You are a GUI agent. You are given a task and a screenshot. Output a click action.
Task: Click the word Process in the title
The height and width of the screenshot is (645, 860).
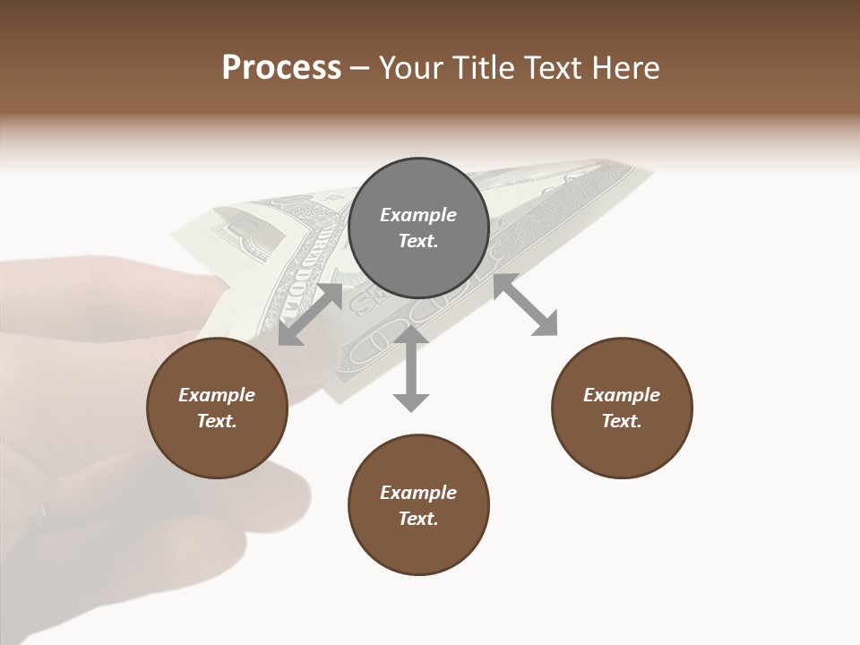pyautogui.click(x=281, y=68)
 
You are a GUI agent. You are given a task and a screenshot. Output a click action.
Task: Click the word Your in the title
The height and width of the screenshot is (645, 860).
pyautogui.click(x=408, y=68)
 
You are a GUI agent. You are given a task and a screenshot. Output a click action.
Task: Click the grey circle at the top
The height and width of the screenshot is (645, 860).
pyautogui.click(x=418, y=228)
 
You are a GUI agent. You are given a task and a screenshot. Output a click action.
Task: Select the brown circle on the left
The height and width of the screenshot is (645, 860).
pyautogui.click(x=217, y=408)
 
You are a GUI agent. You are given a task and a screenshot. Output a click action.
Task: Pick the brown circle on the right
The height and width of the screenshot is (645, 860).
pyautogui.click(x=622, y=408)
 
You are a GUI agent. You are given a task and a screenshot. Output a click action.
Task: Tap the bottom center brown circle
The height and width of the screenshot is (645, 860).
pyautogui.click(x=418, y=505)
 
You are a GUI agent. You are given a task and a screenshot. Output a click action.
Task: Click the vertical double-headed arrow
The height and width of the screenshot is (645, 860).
pyautogui.click(x=411, y=368)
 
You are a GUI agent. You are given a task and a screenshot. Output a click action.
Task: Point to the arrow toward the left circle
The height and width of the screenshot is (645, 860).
pyautogui.click(x=310, y=314)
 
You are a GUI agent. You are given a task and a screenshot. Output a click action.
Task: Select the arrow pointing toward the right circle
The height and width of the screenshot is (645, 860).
pyautogui.click(x=525, y=305)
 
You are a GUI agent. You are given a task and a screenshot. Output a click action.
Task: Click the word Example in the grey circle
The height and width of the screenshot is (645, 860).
pyautogui.click(x=418, y=215)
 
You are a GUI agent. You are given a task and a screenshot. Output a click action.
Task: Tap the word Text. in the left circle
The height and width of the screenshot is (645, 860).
pyautogui.click(x=217, y=421)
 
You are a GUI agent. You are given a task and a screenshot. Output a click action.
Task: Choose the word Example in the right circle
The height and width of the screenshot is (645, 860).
pyautogui.click(x=622, y=395)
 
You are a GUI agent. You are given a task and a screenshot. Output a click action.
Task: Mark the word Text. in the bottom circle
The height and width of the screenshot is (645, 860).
pyautogui.click(x=418, y=519)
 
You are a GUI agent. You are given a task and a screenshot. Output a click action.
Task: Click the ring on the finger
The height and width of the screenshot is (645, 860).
pyautogui.click(x=40, y=517)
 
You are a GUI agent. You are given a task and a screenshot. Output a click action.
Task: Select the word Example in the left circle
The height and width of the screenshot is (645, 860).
pyautogui.click(x=217, y=395)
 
